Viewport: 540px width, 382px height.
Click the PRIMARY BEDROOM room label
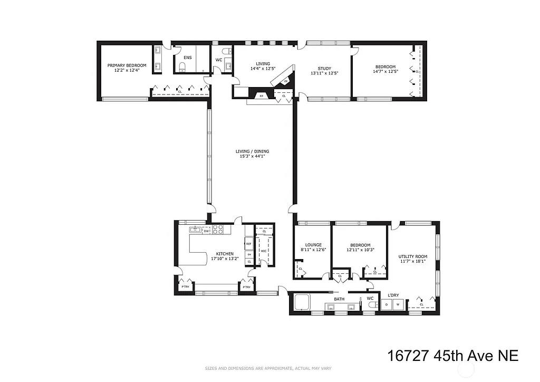click(x=127, y=65)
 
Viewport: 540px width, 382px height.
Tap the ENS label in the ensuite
click(x=187, y=58)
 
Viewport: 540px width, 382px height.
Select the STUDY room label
click(x=324, y=68)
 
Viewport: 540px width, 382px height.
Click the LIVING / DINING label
click(x=251, y=151)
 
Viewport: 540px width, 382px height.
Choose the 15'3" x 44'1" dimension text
click(x=251, y=157)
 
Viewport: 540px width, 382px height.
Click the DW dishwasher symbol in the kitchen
click(x=207, y=231)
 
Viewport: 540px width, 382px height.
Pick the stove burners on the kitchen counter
click(x=218, y=230)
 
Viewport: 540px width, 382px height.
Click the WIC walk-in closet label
click(x=264, y=251)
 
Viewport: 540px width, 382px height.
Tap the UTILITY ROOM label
click(x=412, y=256)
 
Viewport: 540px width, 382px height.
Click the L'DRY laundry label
click(x=393, y=295)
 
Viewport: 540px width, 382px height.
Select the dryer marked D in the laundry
click(x=387, y=304)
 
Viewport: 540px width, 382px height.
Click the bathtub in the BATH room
click(x=303, y=303)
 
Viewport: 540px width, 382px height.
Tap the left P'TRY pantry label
click(x=185, y=287)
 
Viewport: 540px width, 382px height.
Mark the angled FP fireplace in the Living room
click(x=285, y=81)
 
